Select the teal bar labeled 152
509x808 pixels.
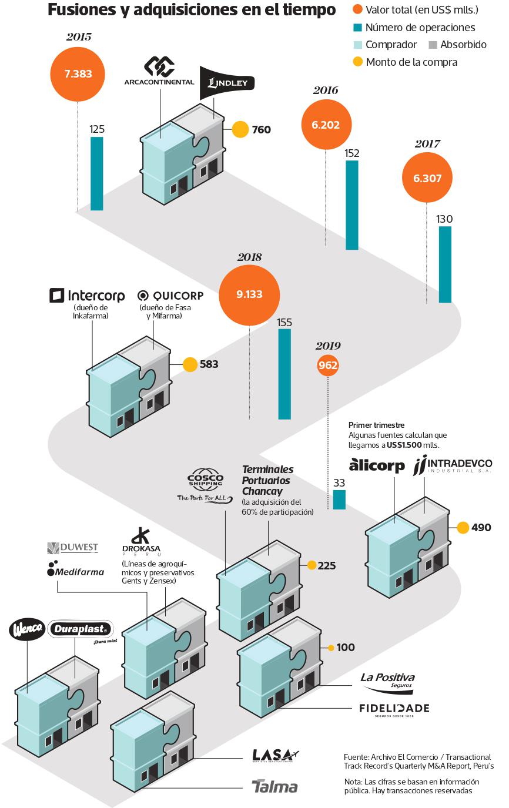click(x=352, y=204)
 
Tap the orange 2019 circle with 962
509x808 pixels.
click(x=328, y=366)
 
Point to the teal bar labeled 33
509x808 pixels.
click(x=339, y=499)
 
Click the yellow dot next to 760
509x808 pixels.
click(x=240, y=129)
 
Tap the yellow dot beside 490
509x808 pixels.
click(x=463, y=527)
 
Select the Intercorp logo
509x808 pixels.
click(x=87, y=295)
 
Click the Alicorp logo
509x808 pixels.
click(x=377, y=465)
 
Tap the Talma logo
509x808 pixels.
click(x=274, y=787)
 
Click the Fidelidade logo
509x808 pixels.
click(x=394, y=709)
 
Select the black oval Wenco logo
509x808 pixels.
click(x=26, y=629)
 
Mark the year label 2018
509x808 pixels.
click(x=249, y=257)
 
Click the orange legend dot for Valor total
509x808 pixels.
click(x=357, y=10)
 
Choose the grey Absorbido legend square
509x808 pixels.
click(x=433, y=45)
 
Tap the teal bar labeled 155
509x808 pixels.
click(x=284, y=374)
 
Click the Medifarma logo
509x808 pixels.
click(x=76, y=572)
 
